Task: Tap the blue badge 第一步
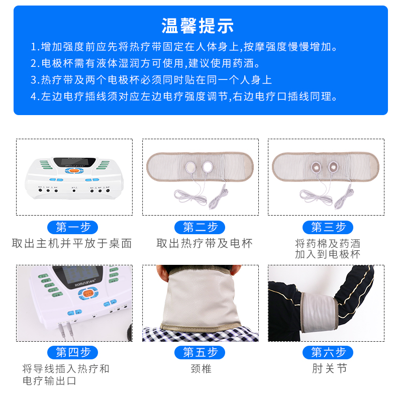73,227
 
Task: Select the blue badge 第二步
200,227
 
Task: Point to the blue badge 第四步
73,352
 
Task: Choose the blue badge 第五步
200,352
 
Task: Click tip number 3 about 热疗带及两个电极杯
151,79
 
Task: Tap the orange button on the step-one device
74,171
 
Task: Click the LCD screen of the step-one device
74,162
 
